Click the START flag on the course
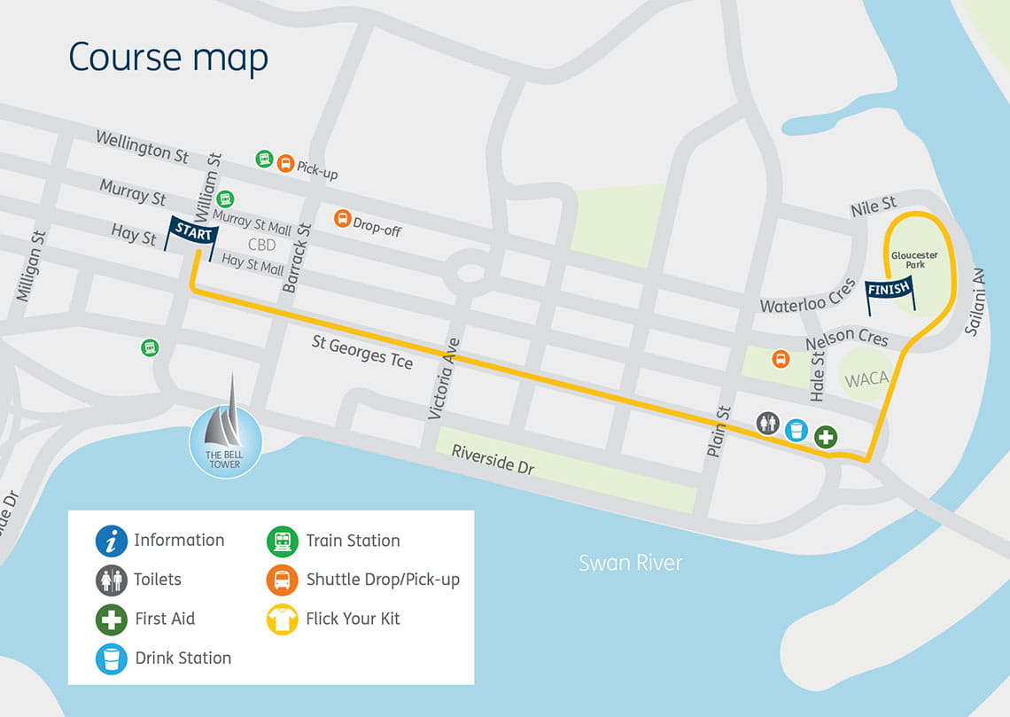(x=191, y=232)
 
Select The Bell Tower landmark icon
(x=226, y=434)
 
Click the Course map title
(x=168, y=58)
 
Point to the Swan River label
(x=630, y=563)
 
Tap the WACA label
(x=866, y=379)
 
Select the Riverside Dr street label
(x=493, y=458)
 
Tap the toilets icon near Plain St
(x=768, y=423)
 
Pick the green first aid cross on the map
(x=826, y=437)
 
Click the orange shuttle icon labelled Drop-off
(x=342, y=218)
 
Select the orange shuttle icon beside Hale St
(x=781, y=359)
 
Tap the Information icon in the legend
(x=112, y=541)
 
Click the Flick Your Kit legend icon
(x=283, y=619)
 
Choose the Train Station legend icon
(x=283, y=541)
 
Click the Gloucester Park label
(x=913, y=260)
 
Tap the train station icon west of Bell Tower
(x=150, y=347)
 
